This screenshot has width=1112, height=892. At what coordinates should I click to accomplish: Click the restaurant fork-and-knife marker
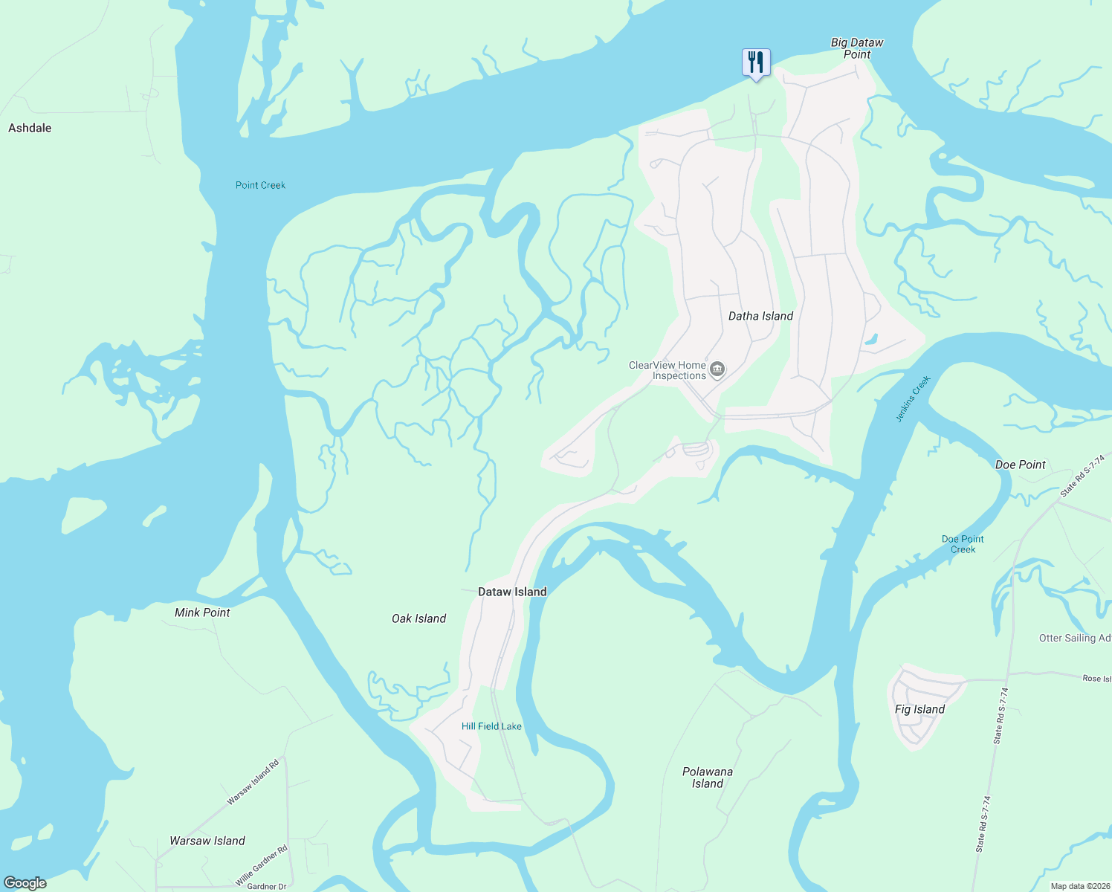pyautogui.click(x=756, y=62)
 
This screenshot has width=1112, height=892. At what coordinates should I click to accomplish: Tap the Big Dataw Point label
pyautogui.click(x=857, y=48)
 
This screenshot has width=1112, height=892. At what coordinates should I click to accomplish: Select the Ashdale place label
pyautogui.click(x=30, y=128)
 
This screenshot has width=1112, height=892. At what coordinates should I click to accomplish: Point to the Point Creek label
pyautogui.click(x=260, y=185)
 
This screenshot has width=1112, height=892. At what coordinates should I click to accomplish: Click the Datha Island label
pyautogui.click(x=760, y=316)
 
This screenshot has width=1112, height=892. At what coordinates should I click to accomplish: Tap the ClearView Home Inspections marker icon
pyautogui.click(x=717, y=369)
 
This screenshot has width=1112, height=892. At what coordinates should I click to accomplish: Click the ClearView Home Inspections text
pyautogui.click(x=667, y=370)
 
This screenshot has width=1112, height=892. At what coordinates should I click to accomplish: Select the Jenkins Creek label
pyautogui.click(x=913, y=399)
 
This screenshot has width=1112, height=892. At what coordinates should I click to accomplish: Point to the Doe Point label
pyautogui.click(x=1020, y=465)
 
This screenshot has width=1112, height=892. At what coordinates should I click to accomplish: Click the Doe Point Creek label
pyautogui.click(x=963, y=544)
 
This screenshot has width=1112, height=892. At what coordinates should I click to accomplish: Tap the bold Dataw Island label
pyautogui.click(x=512, y=592)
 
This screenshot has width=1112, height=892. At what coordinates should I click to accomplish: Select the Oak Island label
pyautogui.click(x=418, y=618)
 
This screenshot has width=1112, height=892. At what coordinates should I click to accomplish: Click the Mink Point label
pyautogui.click(x=202, y=613)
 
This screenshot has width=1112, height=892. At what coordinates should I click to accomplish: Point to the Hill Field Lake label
pyautogui.click(x=491, y=726)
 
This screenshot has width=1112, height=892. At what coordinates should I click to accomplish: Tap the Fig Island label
pyautogui.click(x=919, y=709)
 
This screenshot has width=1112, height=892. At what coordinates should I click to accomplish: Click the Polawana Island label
pyautogui.click(x=708, y=778)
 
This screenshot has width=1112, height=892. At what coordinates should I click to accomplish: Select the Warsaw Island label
pyautogui.click(x=207, y=841)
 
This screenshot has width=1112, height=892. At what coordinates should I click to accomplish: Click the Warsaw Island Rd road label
pyautogui.click(x=253, y=782)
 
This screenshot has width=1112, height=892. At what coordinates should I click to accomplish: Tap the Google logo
pyautogui.click(x=25, y=883)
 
